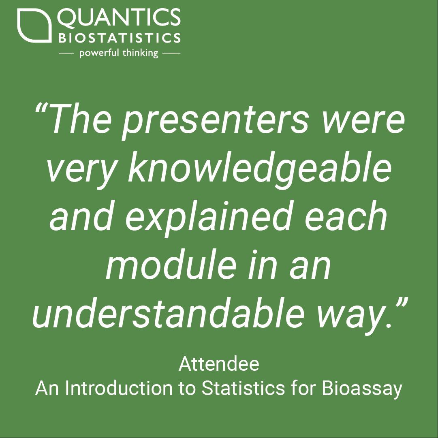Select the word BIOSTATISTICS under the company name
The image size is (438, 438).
[x=119, y=38]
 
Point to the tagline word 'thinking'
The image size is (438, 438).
[x=141, y=53]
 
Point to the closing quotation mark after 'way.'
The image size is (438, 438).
[x=400, y=304]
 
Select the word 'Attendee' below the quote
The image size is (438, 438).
[x=219, y=364]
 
